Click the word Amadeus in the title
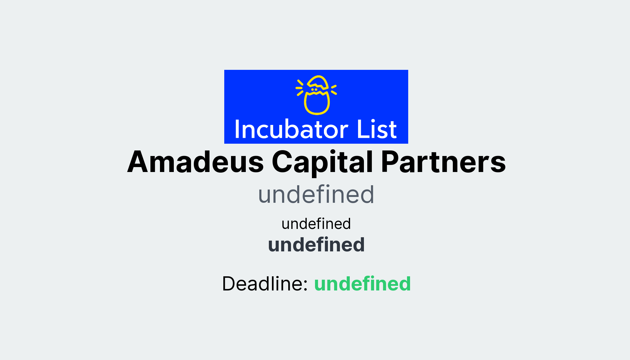[195, 162]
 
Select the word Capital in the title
[322, 162]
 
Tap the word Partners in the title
[443, 162]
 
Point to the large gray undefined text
[316, 195]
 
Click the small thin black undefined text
[316, 224]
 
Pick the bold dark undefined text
[316, 245]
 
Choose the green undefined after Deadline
[362, 284]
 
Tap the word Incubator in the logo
[291, 129]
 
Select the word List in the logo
[377, 129]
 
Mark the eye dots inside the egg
[314, 90]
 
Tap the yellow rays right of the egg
[334, 90]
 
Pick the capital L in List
[362, 129]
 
